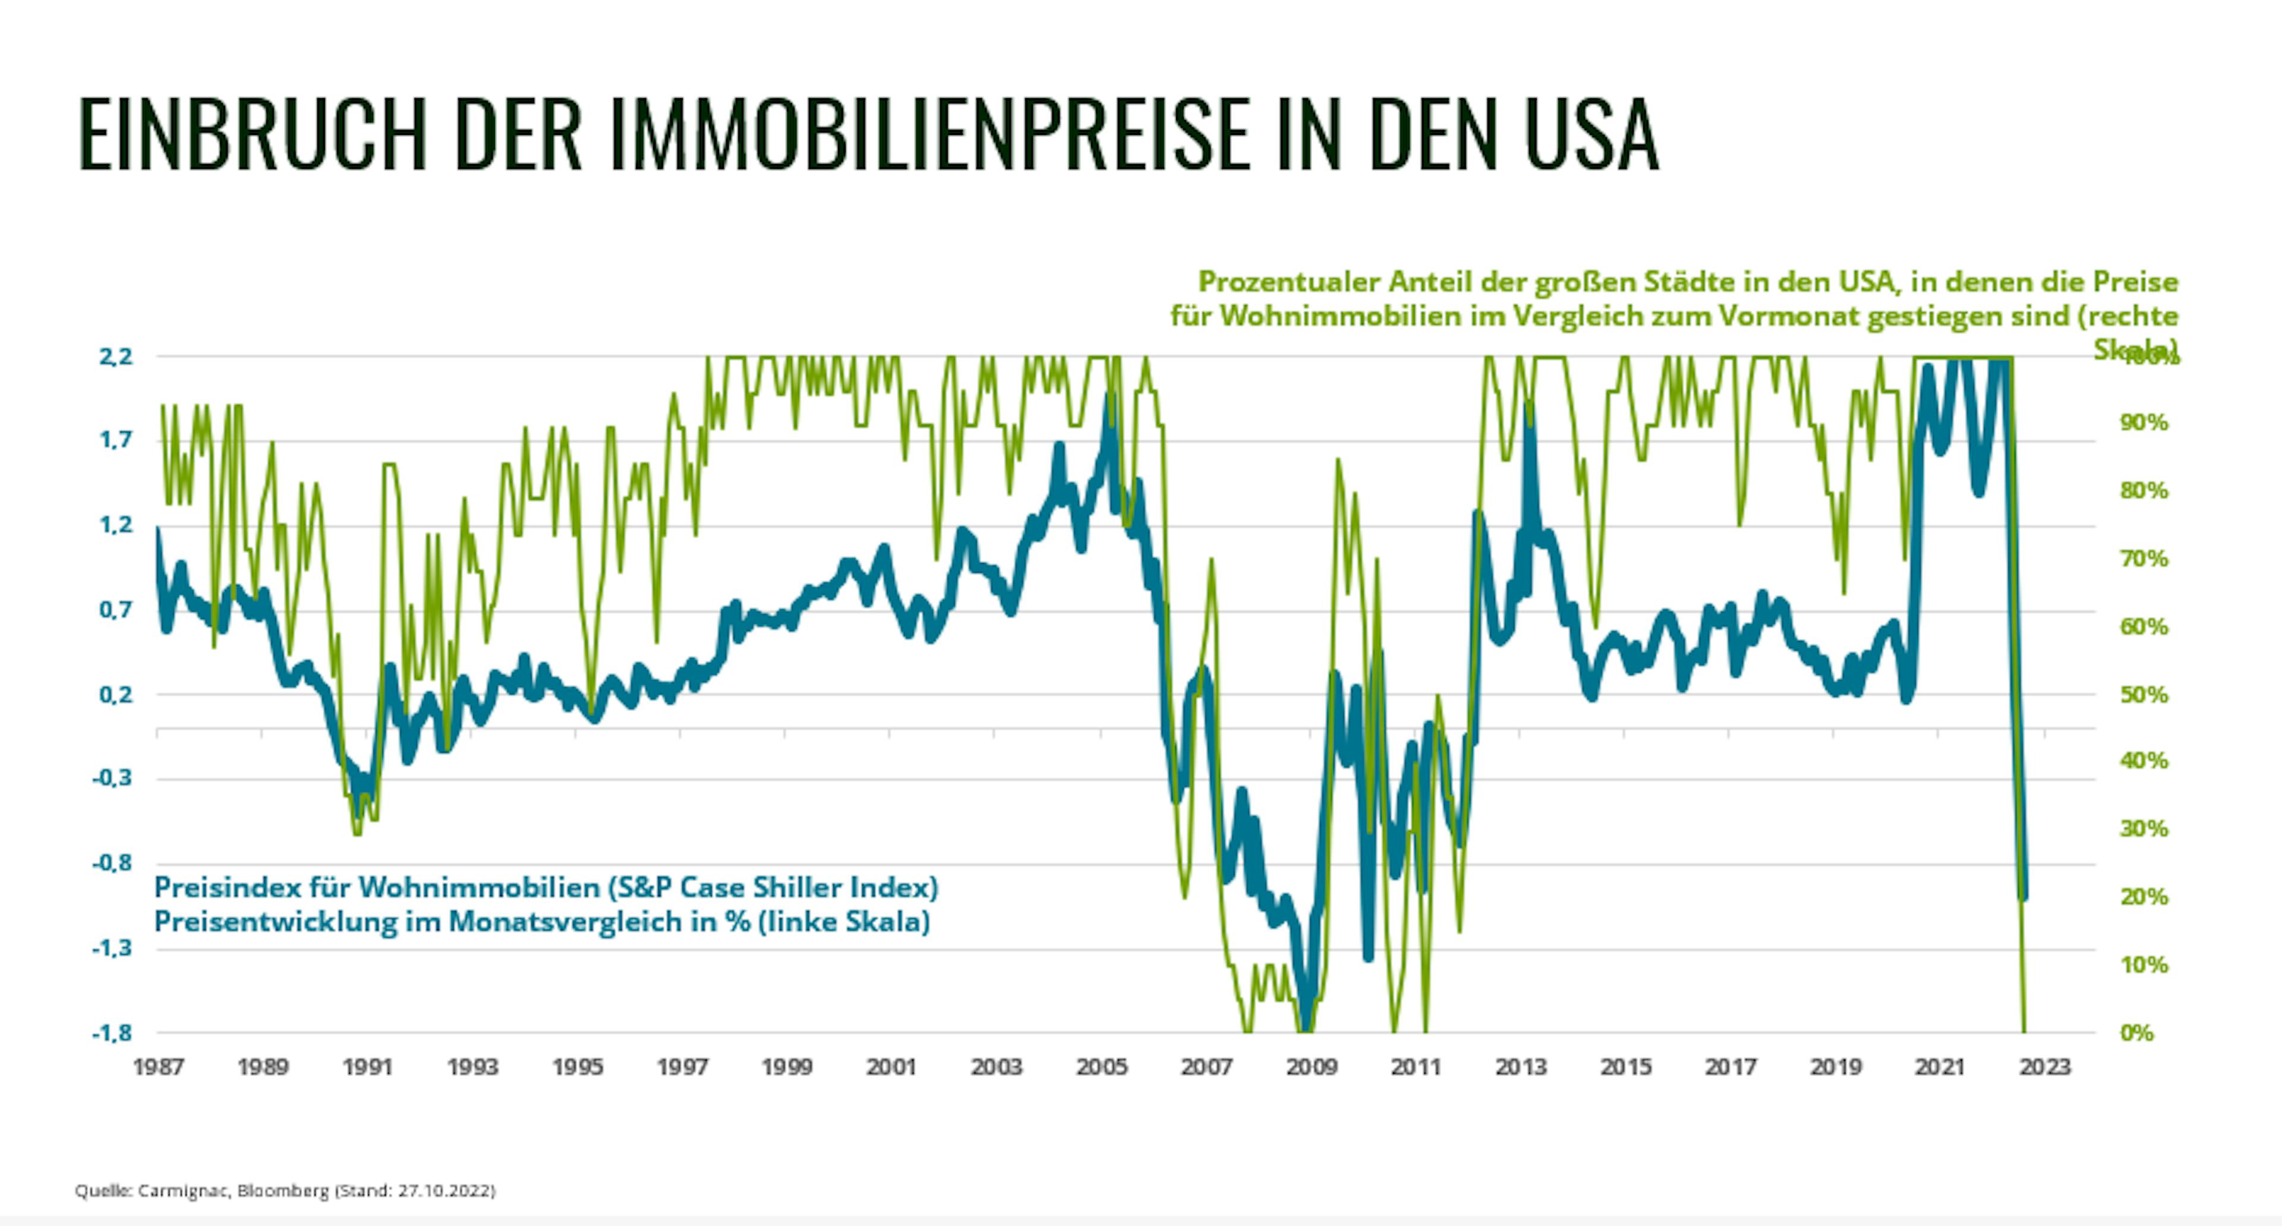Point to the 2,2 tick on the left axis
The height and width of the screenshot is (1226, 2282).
115,357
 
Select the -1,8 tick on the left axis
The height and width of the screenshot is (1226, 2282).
112,1033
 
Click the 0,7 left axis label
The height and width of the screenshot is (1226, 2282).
115,610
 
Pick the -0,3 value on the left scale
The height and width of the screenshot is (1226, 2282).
112,779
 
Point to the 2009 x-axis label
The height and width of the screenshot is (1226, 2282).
1311,1067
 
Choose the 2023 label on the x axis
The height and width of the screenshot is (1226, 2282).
2044,1067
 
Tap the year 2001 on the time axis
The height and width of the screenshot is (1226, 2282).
891,1067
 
